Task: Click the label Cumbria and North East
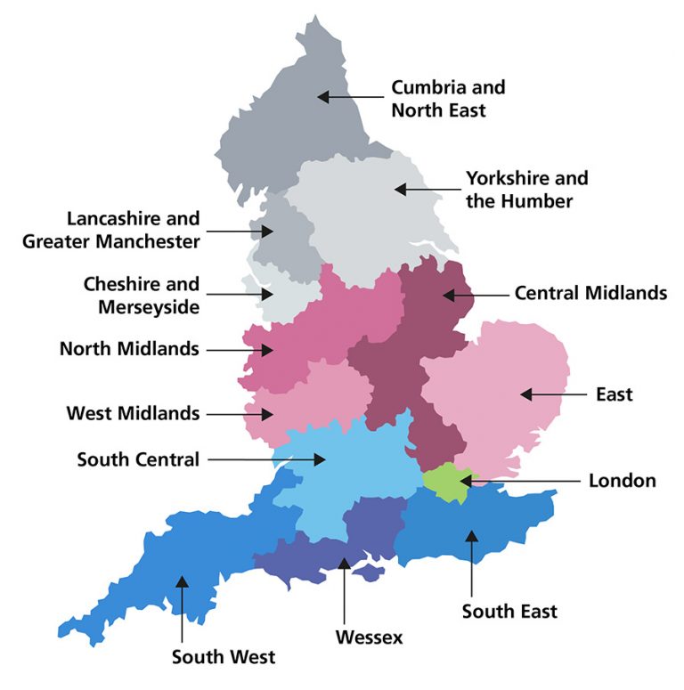(x=448, y=99)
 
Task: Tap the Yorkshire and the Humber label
(x=526, y=190)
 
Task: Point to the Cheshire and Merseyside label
(x=142, y=296)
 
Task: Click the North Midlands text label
(x=129, y=348)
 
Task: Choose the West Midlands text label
(x=133, y=413)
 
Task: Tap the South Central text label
(x=138, y=459)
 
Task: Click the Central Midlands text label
(x=590, y=293)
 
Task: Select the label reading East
(x=615, y=394)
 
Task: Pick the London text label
(x=622, y=481)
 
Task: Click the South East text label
(x=509, y=611)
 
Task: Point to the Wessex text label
(x=369, y=637)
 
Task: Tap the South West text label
(x=224, y=657)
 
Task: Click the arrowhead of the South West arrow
(x=182, y=582)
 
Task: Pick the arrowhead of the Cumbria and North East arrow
(x=323, y=95)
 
